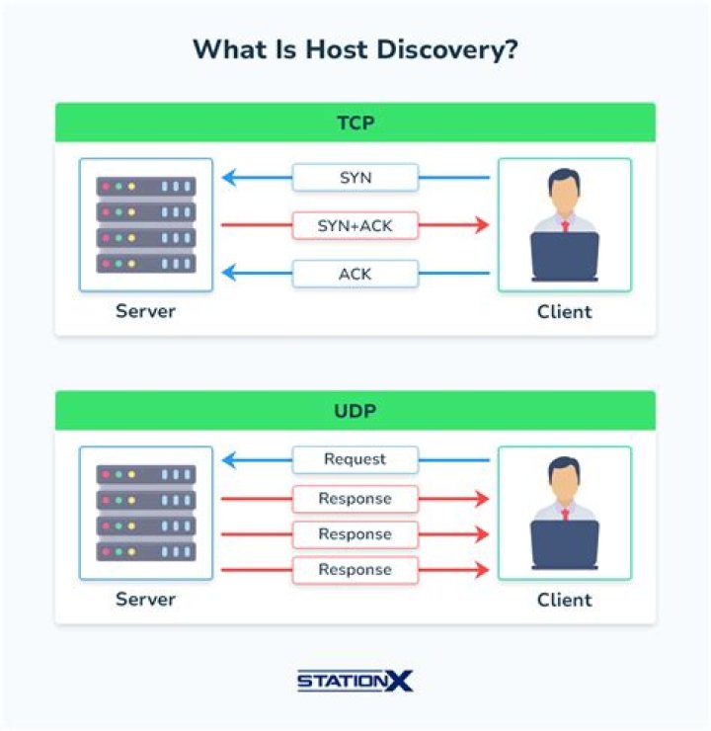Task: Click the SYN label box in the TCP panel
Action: [355, 178]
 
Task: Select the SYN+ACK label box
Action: [355, 225]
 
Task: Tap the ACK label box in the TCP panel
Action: [355, 273]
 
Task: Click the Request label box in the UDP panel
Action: [355, 459]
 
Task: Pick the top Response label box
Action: [355, 499]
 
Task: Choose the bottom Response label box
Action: [355, 570]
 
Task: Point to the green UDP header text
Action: [355, 409]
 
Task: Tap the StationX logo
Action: [355, 681]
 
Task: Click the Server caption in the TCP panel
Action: [145, 311]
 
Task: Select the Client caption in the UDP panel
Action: [565, 600]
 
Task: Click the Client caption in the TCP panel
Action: [565, 311]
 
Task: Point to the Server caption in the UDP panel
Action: [145, 600]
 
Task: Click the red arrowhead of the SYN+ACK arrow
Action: [482, 225]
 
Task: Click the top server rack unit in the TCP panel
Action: [146, 186]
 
